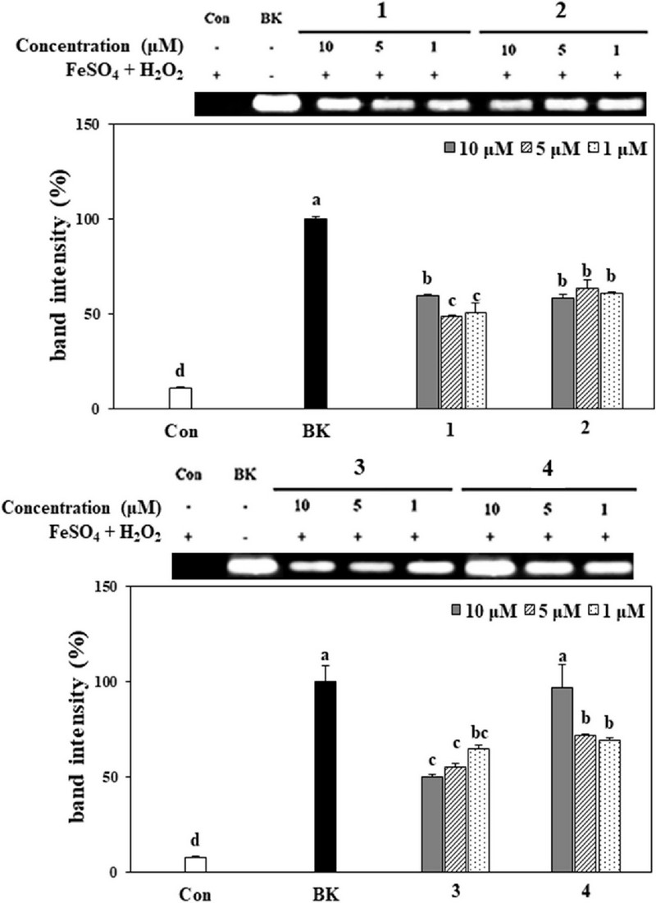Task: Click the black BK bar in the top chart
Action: [316, 314]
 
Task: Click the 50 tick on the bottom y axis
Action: [98, 777]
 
